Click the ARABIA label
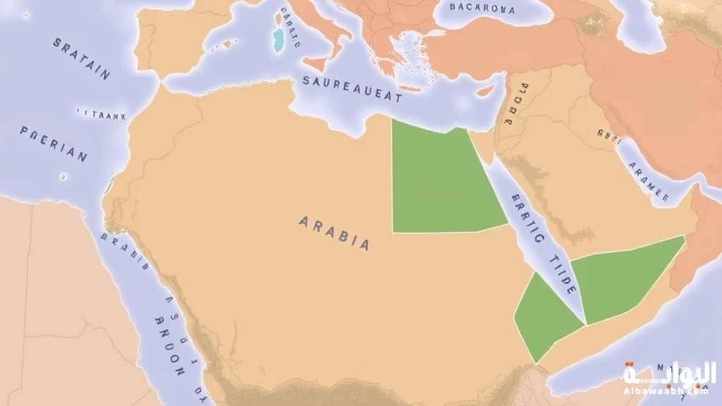pos(334,233)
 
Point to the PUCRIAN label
pos(54,144)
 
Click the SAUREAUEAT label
pos(353,90)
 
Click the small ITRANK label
pos(101,113)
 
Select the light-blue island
pos(279,39)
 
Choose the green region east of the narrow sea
pos(624,278)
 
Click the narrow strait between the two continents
pos(161,82)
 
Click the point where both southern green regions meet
pos(586,325)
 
